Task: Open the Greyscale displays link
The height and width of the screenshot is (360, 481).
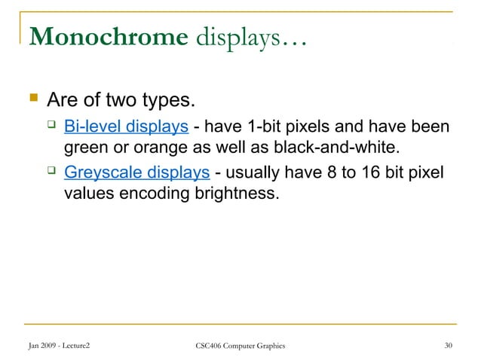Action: point(136,173)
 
